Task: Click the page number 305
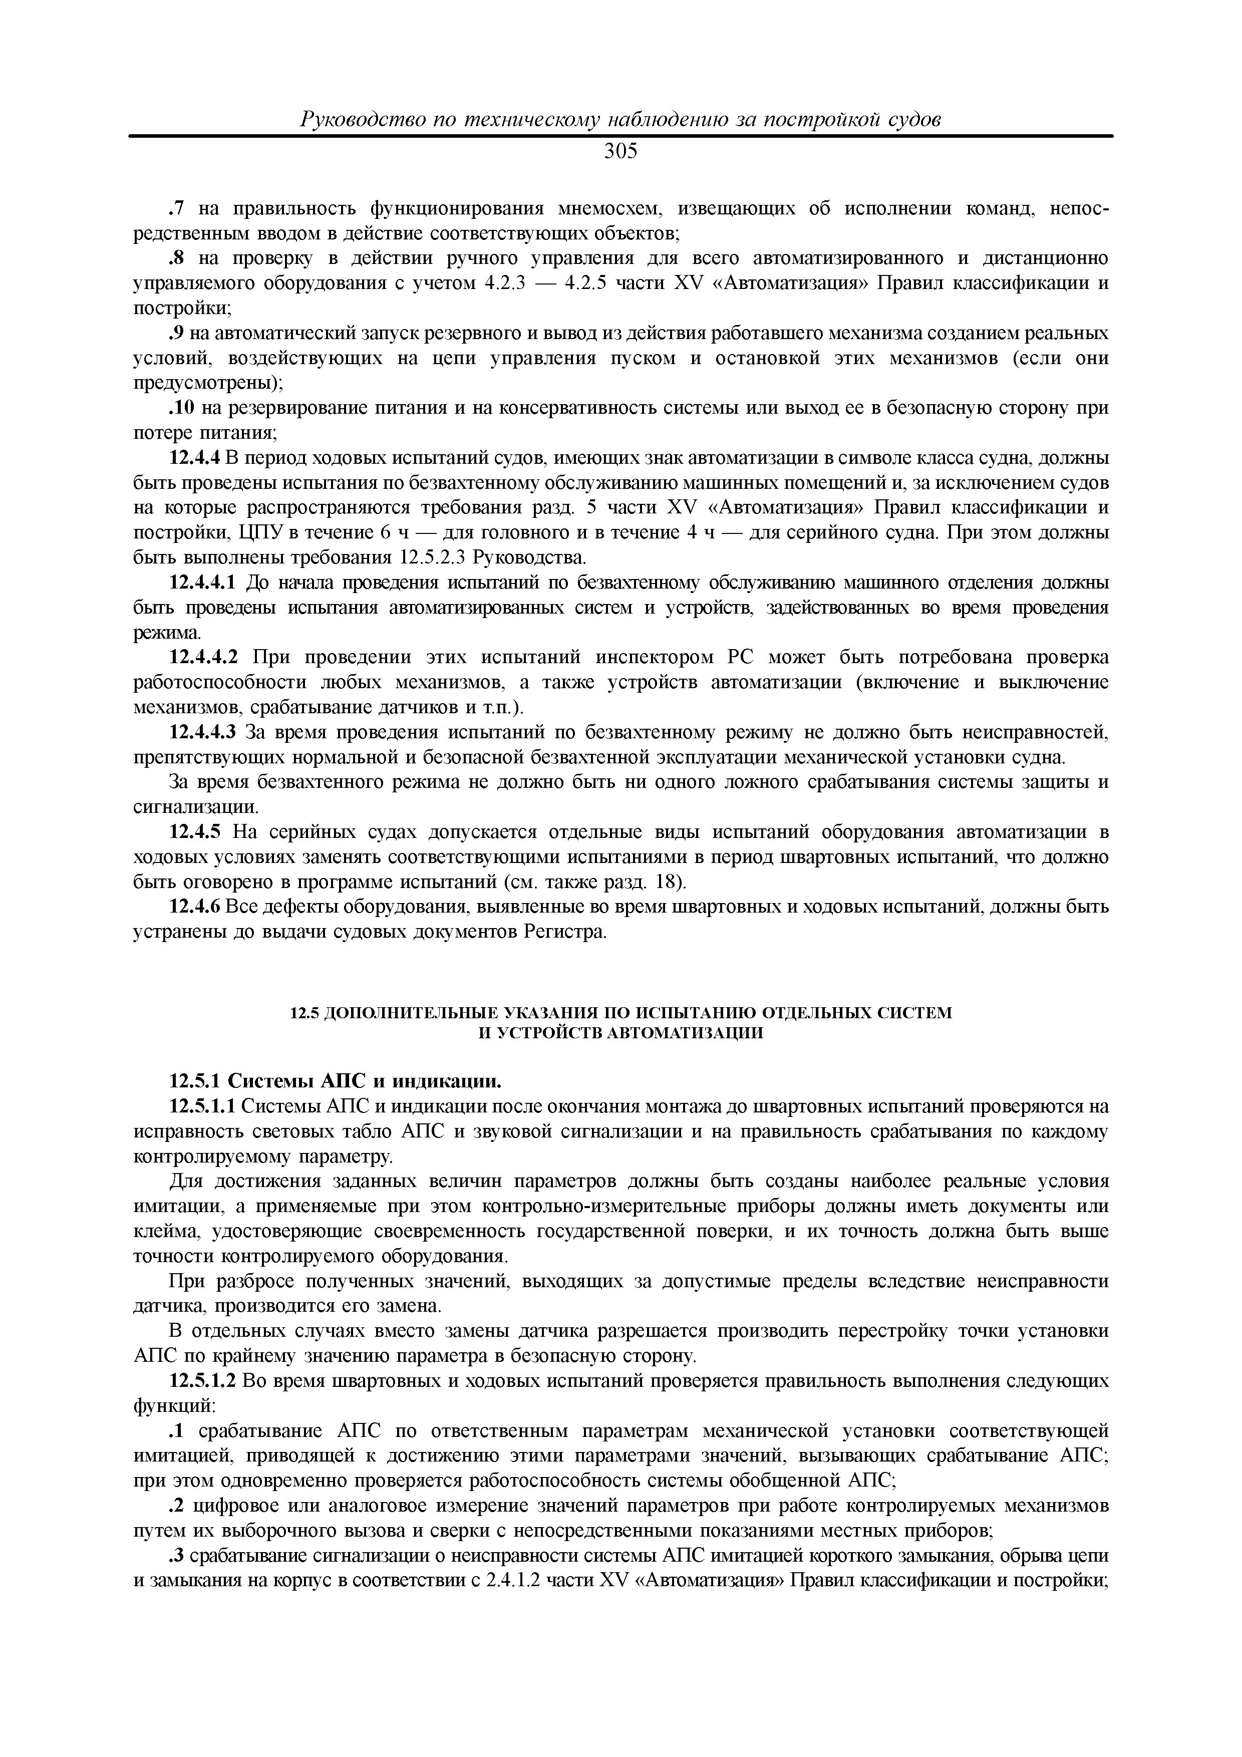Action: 620,152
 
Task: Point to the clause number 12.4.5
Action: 194,832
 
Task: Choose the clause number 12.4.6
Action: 194,907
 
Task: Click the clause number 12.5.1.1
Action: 200,1106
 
